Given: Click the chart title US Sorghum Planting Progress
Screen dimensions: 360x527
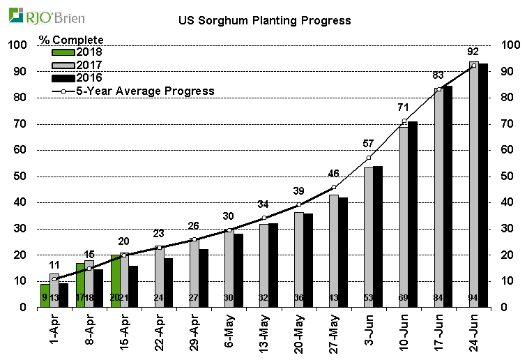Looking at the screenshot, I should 264,21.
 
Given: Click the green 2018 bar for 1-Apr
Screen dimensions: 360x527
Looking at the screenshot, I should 45,295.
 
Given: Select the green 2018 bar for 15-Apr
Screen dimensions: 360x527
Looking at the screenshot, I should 115,280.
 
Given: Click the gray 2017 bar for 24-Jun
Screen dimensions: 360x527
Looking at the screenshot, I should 474,185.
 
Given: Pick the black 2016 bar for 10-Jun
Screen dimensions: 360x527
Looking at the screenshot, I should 413,214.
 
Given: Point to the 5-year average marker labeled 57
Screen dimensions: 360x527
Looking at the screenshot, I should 369,158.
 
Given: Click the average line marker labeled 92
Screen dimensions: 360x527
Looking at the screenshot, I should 474,66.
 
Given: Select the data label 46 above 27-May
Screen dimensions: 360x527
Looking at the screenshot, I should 333,174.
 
